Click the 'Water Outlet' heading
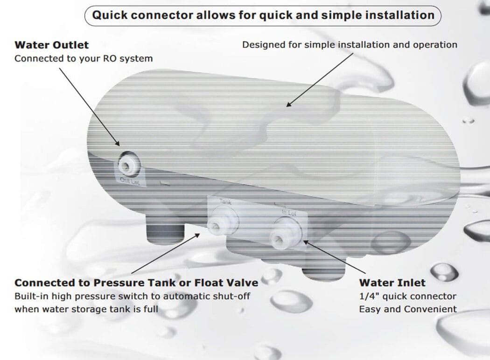coord(51,45)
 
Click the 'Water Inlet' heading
coord(392,283)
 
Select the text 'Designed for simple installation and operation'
coord(350,45)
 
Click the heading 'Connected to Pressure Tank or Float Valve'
coord(136,283)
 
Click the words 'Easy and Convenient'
coord(407,309)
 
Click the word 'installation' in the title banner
coord(398,15)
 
